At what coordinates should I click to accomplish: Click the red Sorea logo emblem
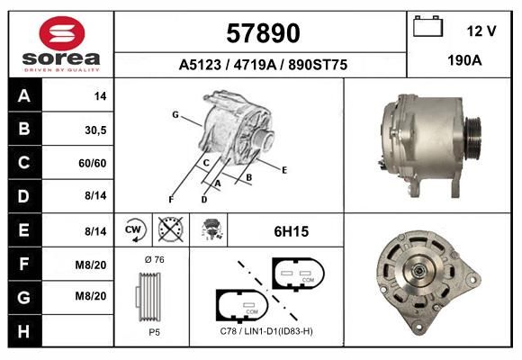62,33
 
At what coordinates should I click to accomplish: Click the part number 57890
263,33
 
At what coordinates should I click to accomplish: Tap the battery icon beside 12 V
427,26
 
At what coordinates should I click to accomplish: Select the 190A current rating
464,60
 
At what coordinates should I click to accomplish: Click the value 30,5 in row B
95,130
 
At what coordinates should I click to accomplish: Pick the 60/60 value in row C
93,163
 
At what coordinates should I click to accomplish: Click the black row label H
23,331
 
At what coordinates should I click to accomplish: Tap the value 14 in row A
100,96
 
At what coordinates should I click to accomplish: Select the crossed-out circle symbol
171,229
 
